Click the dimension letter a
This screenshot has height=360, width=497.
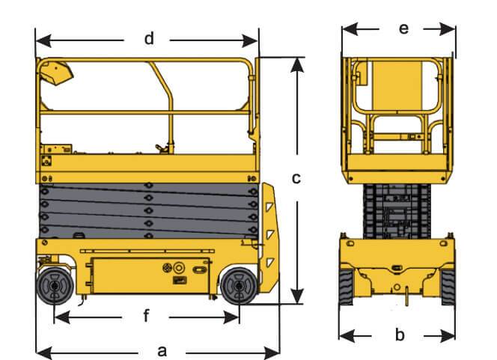162,350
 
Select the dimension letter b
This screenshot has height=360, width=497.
399,333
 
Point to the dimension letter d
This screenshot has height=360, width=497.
149,38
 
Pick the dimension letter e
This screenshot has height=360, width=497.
403,28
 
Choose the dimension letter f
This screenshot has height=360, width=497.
147,317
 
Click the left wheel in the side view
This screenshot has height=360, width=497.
54,286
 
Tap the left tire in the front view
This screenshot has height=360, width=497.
345,287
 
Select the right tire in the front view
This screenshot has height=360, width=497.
448,287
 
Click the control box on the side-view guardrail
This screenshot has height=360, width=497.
57,72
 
